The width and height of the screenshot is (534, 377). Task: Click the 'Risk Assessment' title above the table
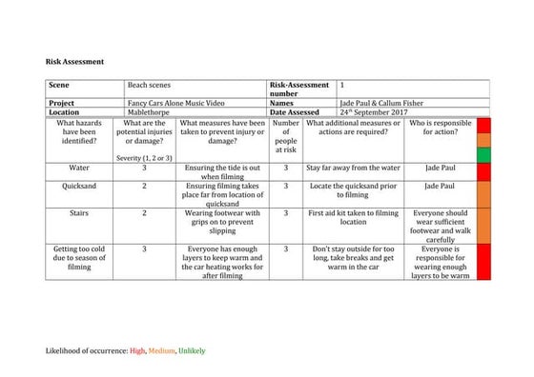(74, 61)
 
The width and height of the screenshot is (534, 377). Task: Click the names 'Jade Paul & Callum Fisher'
(384, 102)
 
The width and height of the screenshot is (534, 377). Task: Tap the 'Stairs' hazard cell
(80, 213)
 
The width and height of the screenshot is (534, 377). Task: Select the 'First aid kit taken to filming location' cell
(353, 218)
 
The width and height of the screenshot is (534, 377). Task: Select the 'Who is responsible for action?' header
(441, 129)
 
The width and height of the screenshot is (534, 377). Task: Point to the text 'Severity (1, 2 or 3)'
(144, 156)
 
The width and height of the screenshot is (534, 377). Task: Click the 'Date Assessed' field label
(298, 111)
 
